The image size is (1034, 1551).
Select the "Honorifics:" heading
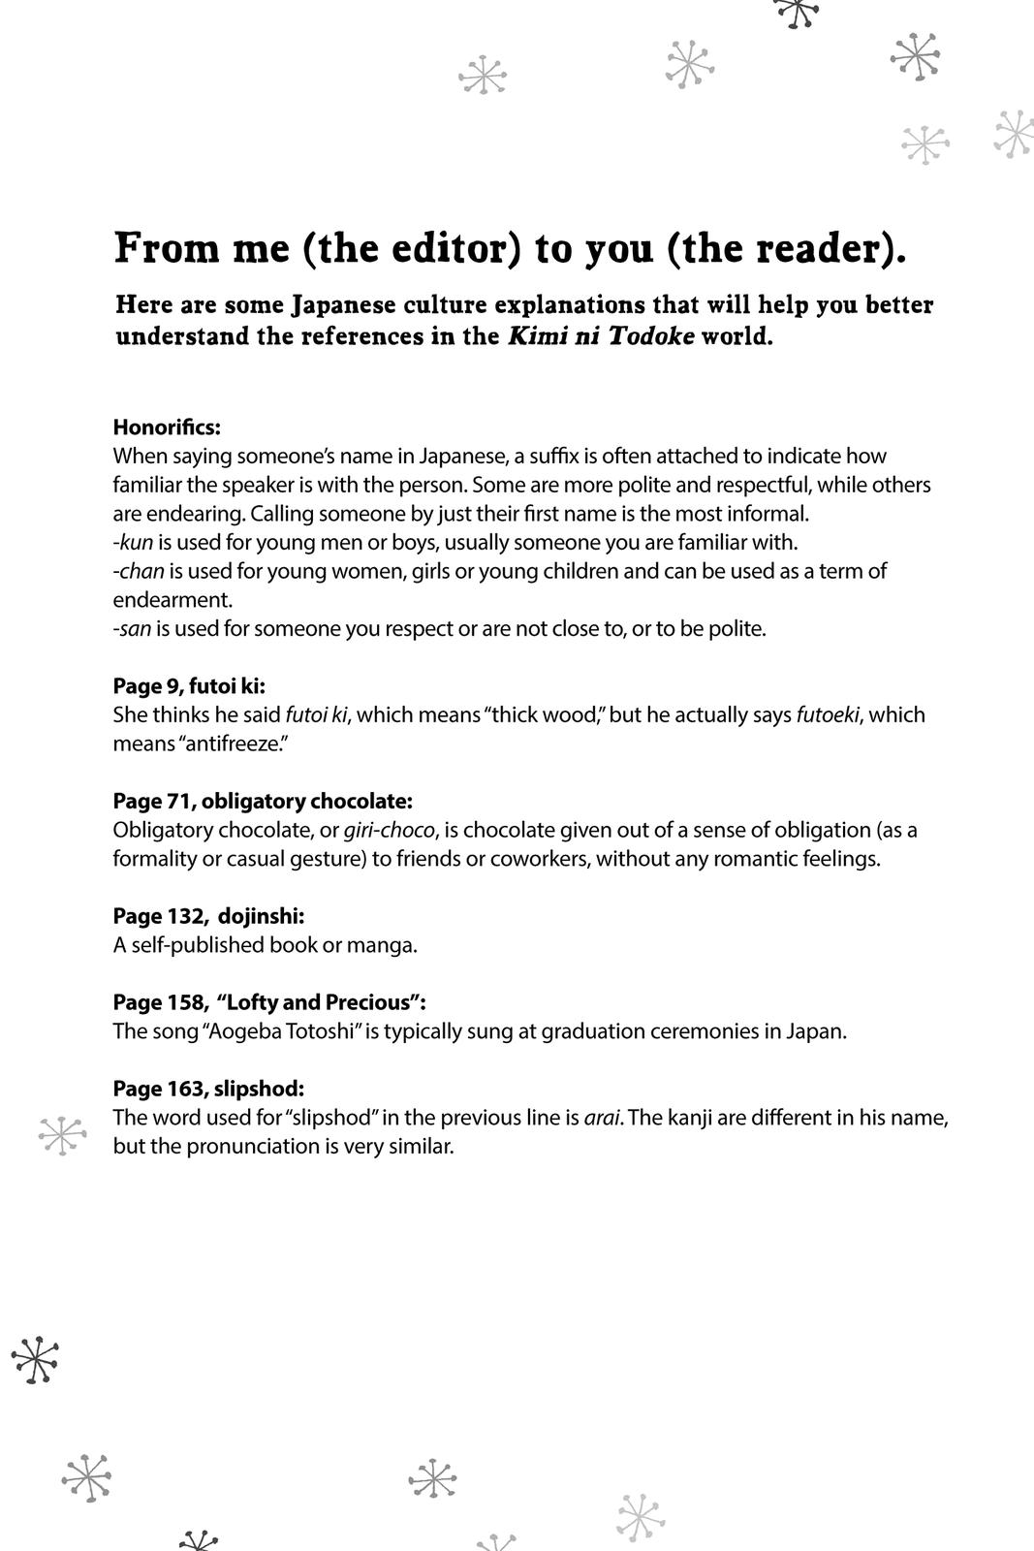pos(167,427)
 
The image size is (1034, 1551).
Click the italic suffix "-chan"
pos(139,571)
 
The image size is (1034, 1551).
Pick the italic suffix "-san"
pos(133,628)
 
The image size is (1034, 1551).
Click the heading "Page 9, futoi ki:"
pos(189,686)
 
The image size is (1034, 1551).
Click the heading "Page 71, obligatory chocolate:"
pos(263,801)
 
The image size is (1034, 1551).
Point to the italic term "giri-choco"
pos(389,830)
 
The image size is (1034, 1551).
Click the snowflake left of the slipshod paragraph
pos(63,1134)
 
